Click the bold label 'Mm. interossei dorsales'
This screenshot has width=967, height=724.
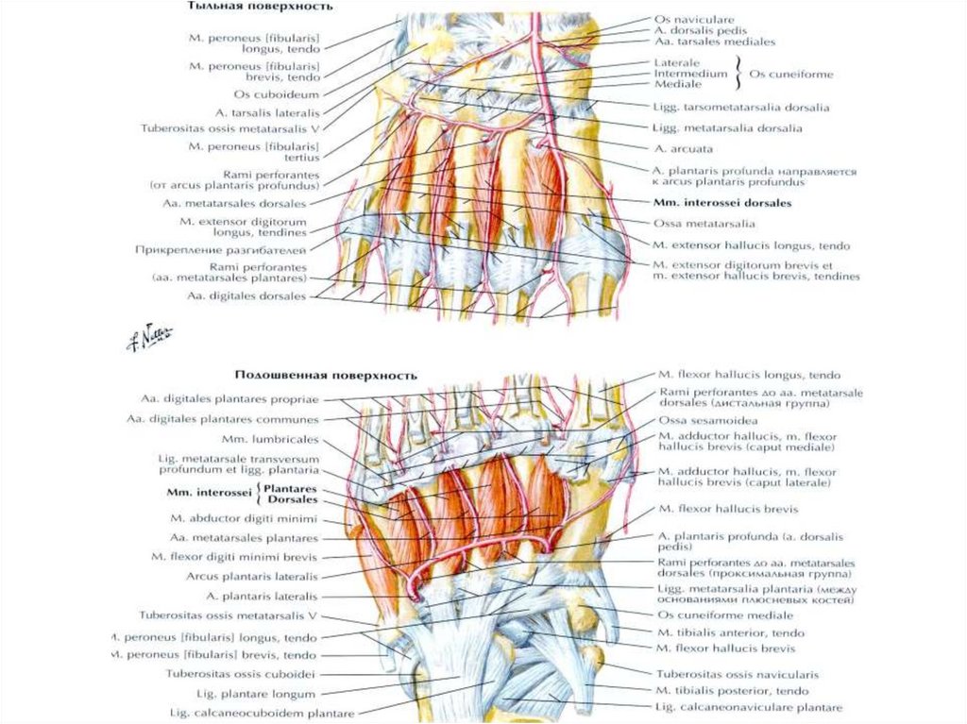(721, 203)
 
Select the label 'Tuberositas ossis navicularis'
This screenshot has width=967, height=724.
(738, 674)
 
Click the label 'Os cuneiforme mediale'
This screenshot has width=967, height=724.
(717, 615)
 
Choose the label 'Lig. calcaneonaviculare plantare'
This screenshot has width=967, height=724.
(749, 707)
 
